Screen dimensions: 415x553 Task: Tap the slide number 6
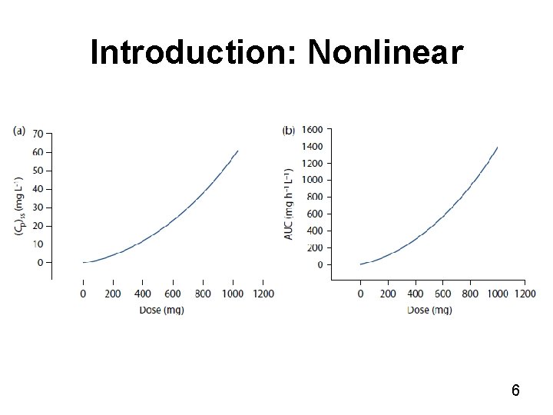pos(515,390)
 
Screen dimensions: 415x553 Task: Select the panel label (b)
pos(289,131)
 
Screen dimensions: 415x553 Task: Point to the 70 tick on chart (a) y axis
pos(37,134)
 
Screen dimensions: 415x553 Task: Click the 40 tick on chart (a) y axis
pos(37,189)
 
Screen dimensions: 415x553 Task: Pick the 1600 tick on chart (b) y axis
pos(312,129)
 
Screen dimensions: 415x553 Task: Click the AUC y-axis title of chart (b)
pos(290,202)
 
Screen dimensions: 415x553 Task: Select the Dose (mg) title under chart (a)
pos(161,310)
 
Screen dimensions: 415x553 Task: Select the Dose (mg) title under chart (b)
pos(429,310)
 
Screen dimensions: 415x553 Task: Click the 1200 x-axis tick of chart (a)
pos(263,294)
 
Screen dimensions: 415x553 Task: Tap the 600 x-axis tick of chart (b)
pos(443,294)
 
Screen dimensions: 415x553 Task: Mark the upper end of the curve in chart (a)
pos(237,151)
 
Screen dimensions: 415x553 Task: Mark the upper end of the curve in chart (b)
pos(497,147)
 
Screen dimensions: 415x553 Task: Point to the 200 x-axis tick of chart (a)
pos(113,294)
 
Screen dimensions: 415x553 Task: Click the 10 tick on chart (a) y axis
pos(37,244)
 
